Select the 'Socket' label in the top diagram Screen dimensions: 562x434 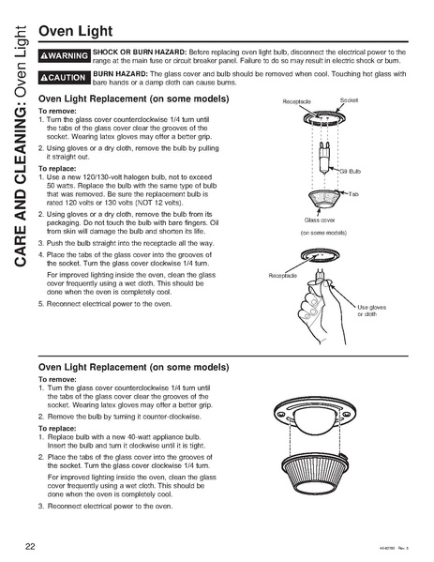click(349, 99)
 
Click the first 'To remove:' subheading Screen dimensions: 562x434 click(56, 110)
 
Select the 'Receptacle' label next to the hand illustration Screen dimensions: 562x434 click(282, 276)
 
